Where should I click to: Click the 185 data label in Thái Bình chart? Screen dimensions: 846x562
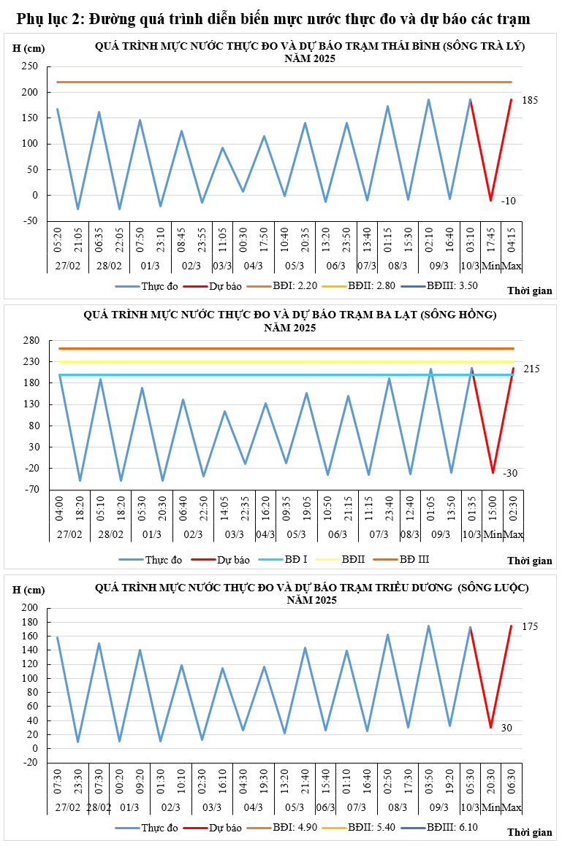(530, 100)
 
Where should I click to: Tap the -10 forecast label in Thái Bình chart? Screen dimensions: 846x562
(509, 201)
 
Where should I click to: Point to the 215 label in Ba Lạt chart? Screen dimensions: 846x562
(531, 369)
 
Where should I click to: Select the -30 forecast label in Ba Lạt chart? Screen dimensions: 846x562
(510, 473)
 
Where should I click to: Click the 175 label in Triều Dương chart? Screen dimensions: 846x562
(530, 627)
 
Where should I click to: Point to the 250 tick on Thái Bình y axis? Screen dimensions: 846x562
(30, 66)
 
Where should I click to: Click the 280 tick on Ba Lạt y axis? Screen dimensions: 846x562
(30, 340)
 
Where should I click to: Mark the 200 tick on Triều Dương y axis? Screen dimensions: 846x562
(30, 608)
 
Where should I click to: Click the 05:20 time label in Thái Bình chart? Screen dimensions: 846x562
(57, 239)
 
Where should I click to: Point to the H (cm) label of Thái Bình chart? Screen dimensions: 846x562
(28, 49)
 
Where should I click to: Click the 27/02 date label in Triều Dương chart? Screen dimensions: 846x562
(68, 808)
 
